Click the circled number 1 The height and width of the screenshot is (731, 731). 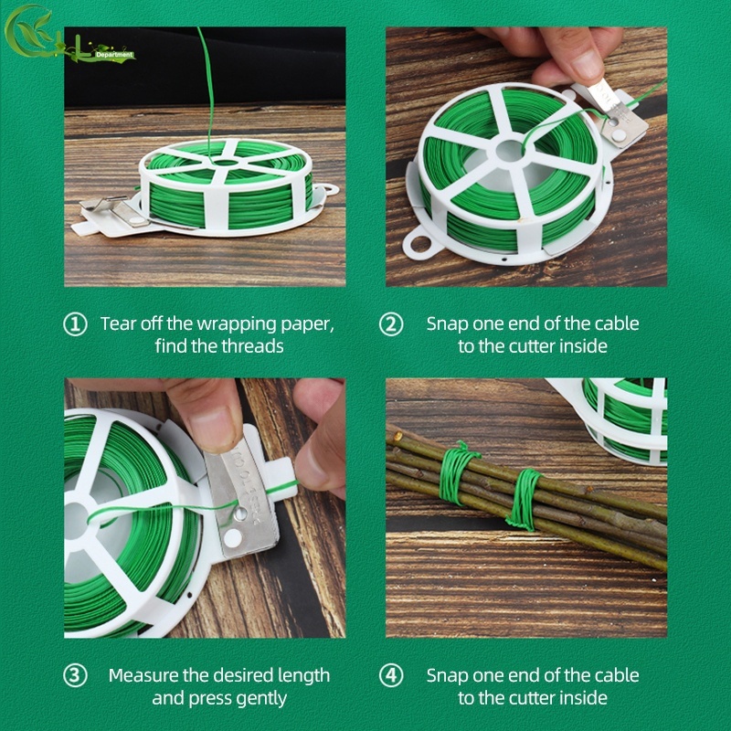(x=75, y=324)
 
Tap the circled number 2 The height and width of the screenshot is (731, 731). (x=391, y=324)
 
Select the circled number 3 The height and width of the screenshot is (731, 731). (x=75, y=675)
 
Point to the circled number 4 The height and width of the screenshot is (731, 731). (x=391, y=675)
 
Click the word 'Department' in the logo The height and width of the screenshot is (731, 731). (x=113, y=55)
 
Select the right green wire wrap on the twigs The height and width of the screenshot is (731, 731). (x=524, y=499)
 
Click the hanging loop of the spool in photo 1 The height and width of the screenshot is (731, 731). (x=328, y=189)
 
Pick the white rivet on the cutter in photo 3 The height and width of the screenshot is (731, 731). (x=233, y=538)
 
